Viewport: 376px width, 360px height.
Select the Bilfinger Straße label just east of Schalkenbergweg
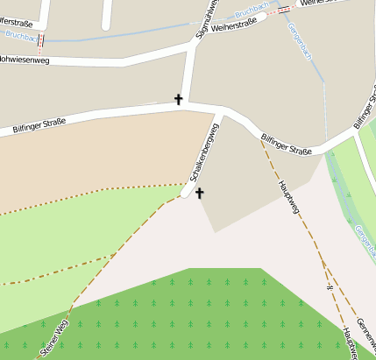click(x=287, y=144)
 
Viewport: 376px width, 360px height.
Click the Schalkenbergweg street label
click(x=203, y=158)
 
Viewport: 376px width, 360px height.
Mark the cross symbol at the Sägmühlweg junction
click(x=179, y=100)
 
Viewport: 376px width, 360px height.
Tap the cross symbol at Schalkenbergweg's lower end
click(x=199, y=193)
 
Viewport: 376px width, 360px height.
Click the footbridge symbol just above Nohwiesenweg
click(x=39, y=40)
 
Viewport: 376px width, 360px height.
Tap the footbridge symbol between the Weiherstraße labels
click(x=283, y=10)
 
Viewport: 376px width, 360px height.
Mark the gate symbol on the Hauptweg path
click(x=330, y=286)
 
